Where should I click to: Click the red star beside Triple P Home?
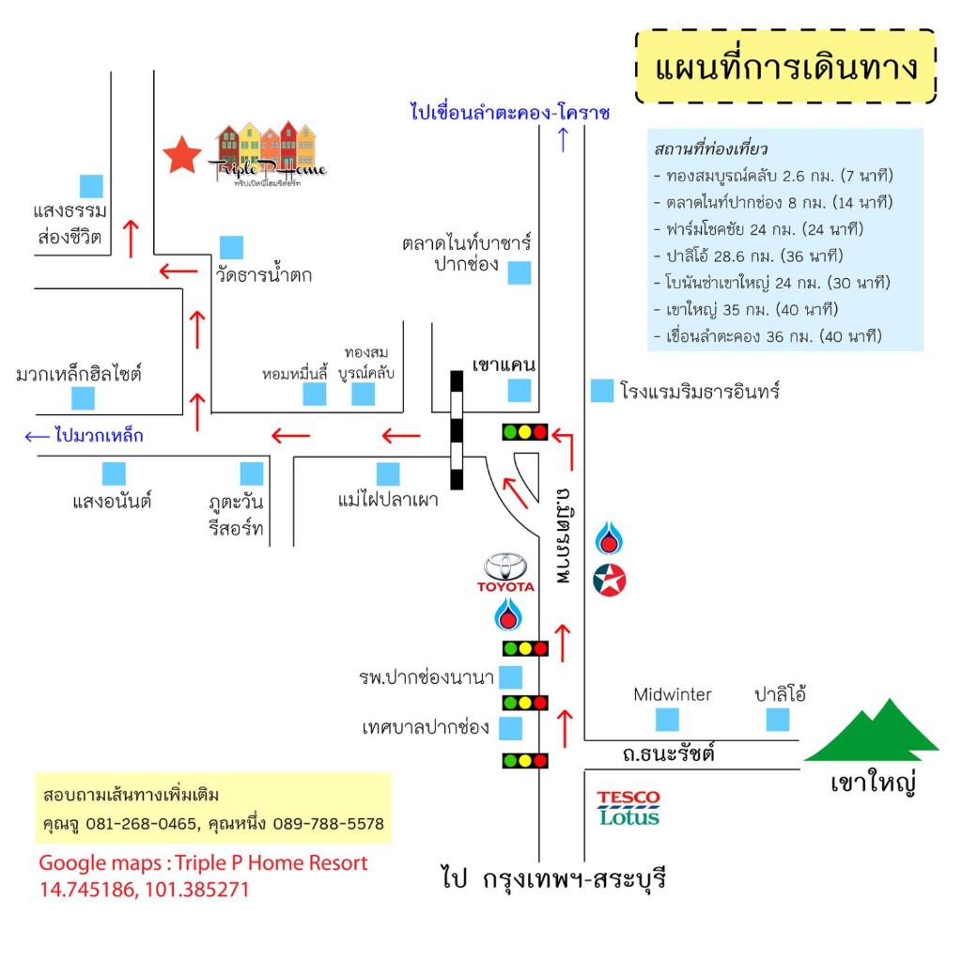[181, 155]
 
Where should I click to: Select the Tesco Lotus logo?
[628, 808]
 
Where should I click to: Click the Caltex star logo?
[609, 580]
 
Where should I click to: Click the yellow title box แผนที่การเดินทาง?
[785, 67]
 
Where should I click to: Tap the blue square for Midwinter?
[667, 719]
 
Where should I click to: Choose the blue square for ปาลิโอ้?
[777, 719]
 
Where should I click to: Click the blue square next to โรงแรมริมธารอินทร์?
[602, 391]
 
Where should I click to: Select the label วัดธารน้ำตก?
[264, 273]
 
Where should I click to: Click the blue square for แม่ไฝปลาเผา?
[388, 474]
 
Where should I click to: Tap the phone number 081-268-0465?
[143, 823]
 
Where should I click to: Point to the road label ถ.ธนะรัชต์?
[668, 753]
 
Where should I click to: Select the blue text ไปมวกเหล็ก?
[99, 435]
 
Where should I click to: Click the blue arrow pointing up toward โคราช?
[564, 139]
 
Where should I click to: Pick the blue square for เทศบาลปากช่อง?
[510, 728]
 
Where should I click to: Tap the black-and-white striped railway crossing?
[457, 429]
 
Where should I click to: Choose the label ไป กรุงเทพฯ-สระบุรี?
[553, 878]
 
